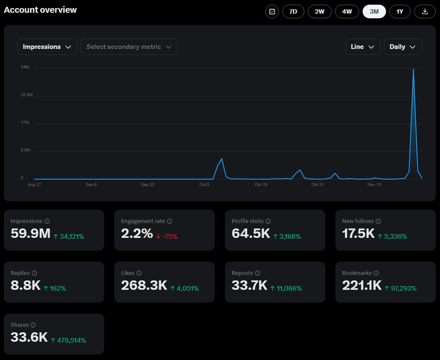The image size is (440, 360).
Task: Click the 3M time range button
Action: tap(374, 11)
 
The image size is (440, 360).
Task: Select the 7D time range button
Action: tap(293, 11)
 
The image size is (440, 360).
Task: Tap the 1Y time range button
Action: tap(400, 11)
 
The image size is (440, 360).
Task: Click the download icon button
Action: tap(425, 11)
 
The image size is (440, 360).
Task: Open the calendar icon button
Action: tap(272, 11)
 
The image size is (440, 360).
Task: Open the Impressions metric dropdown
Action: tap(47, 47)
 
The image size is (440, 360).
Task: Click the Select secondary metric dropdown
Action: tap(129, 47)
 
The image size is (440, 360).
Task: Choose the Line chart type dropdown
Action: tap(363, 47)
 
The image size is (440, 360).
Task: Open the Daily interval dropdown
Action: tap(403, 47)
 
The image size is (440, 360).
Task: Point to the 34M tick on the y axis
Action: tap(25, 67)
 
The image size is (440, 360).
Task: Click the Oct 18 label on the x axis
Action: tap(261, 185)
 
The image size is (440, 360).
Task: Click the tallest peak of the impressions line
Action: tap(413, 69)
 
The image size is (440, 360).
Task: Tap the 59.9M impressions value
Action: tap(31, 233)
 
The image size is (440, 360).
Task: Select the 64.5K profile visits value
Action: tap(251, 233)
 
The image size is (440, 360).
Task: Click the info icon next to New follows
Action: tap(378, 221)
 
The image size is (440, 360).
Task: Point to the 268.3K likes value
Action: tap(144, 285)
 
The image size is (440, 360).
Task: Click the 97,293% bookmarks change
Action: tap(400, 288)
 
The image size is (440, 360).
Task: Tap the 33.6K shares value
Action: tap(29, 337)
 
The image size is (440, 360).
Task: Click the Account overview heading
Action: tap(40, 10)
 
